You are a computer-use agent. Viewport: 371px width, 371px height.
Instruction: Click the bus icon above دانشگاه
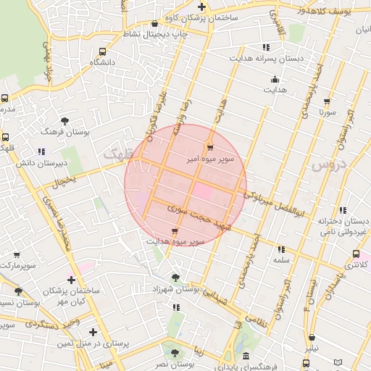[x=101, y=52]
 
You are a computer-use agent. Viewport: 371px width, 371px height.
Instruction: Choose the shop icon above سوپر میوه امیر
[x=210, y=144]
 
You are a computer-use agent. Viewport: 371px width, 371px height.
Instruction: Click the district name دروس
[x=330, y=165]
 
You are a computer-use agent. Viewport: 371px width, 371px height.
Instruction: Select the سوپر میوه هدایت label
[x=175, y=241]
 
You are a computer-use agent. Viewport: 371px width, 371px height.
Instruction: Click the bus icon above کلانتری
[x=355, y=254]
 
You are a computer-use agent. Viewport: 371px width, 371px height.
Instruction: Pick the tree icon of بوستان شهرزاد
[x=175, y=277]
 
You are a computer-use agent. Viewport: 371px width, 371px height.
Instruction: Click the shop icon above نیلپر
[x=312, y=338]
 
